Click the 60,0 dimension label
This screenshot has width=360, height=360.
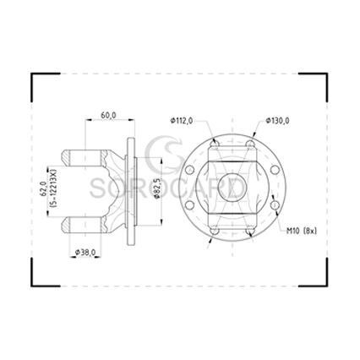click(108, 115)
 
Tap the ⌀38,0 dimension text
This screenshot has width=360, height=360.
click(85, 252)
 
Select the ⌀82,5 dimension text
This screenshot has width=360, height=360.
click(157, 188)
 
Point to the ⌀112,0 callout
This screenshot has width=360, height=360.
click(182, 121)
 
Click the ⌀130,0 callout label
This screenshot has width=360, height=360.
click(277, 121)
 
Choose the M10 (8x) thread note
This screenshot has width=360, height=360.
click(302, 231)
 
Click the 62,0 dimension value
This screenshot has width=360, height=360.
click(44, 188)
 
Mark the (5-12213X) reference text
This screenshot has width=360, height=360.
click(54, 188)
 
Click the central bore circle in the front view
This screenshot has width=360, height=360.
click(232, 187)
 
